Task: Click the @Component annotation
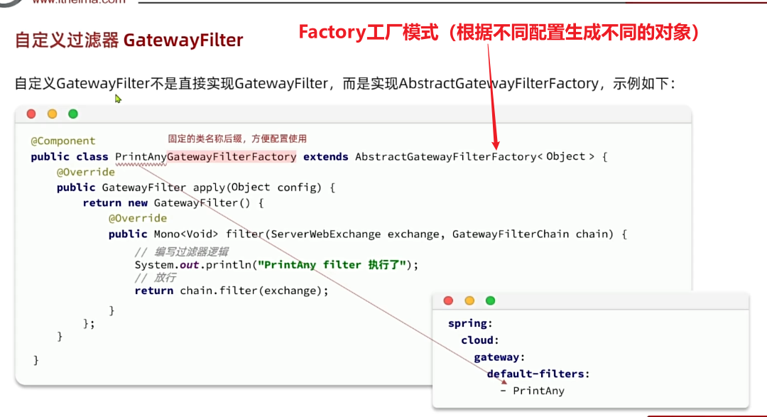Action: click(x=63, y=141)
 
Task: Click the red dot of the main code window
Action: click(x=31, y=114)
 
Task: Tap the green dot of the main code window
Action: click(x=72, y=114)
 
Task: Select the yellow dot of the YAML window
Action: click(x=469, y=300)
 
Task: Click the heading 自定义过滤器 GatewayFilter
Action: click(x=129, y=40)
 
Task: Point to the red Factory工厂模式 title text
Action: click(x=368, y=33)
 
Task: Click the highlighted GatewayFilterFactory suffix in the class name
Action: click(x=232, y=157)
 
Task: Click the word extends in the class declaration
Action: click(x=325, y=157)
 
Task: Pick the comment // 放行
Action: click(x=155, y=278)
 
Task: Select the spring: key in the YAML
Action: click(x=470, y=323)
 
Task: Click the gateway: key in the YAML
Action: click(x=499, y=357)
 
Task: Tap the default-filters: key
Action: click(x=538, y=374)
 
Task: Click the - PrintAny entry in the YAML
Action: click(x=532, y=391)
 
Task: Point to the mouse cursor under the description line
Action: click(x=118, y=99)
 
